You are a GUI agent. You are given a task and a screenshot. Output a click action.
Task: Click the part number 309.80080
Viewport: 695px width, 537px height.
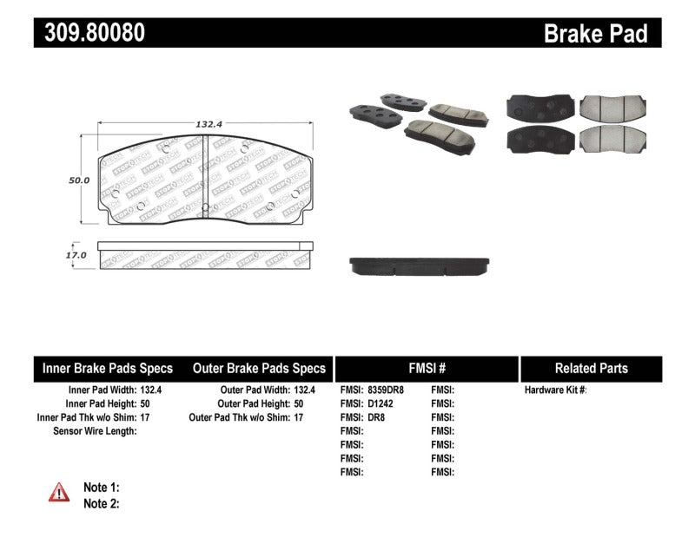[x=90, y=33]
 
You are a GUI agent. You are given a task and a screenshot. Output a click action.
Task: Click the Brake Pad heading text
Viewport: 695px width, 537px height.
[x=596, y=34]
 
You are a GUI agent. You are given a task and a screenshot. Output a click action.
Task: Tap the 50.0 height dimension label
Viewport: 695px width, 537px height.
[x=80, y=180]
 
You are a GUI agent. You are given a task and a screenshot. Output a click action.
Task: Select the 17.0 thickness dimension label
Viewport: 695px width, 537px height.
[x=76, y=255]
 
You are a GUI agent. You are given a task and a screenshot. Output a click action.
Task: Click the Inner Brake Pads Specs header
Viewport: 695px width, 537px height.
[x=108, y=368]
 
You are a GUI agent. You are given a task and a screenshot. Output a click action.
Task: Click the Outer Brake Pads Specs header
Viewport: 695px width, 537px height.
[x=259, y=368]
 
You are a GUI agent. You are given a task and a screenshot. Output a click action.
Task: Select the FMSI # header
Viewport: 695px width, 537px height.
[x=426, y=368]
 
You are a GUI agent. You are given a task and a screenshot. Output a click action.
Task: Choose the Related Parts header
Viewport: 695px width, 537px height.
[x=591, y=368]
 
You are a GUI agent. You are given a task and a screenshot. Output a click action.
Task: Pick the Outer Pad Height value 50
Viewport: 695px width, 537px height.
[x=300, y=403]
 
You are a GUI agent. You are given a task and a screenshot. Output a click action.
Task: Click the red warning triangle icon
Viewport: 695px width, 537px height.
[x=59, y=491]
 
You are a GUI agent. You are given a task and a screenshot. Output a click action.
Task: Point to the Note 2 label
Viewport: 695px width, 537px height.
[x=101, y=503]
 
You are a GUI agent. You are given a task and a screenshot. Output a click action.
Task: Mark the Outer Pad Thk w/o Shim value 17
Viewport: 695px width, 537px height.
[x=300, y=417]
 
